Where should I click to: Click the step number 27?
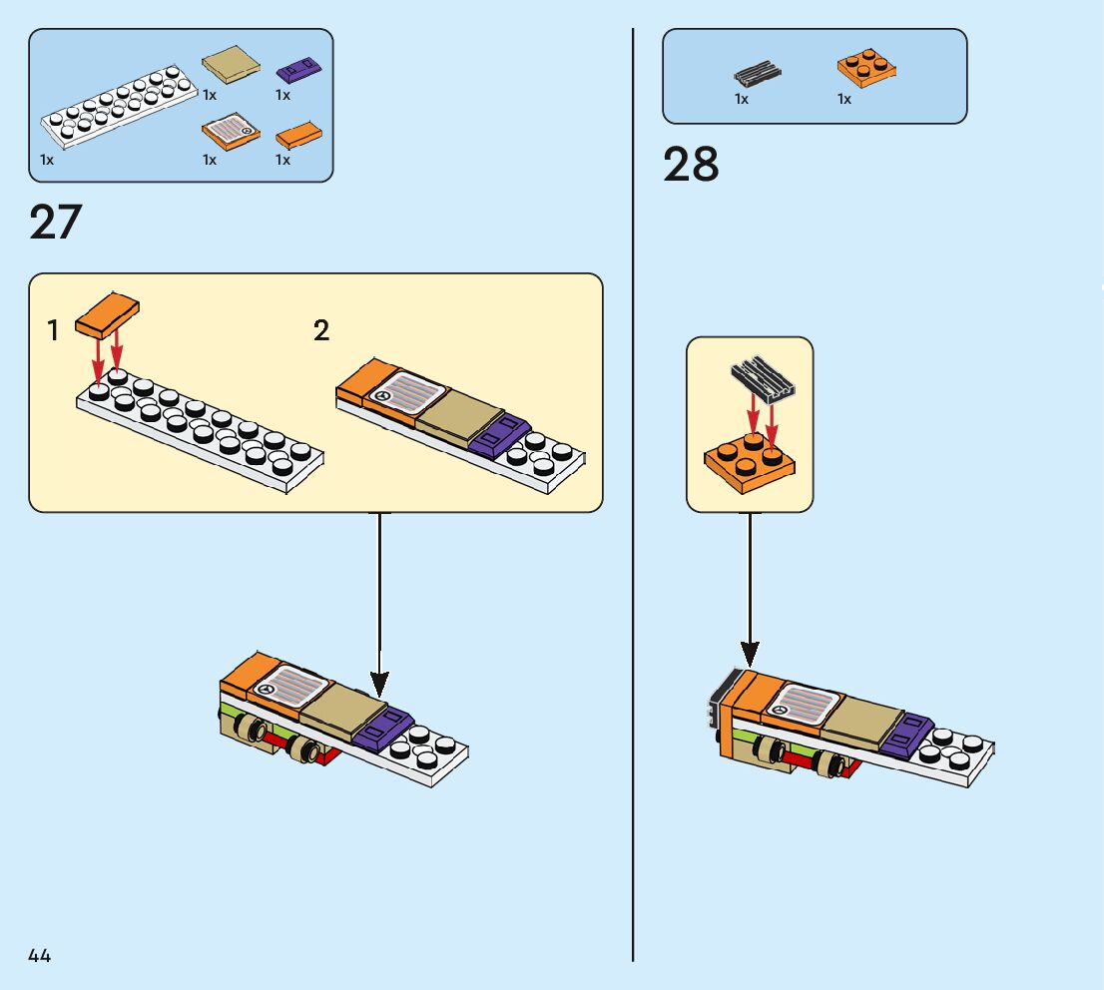coord(55,223)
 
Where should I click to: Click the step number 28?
coord(690,165)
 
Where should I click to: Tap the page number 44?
coord(39,956)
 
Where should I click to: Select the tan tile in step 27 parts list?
coord(232,68)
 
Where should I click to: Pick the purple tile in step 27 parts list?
coord(296,70)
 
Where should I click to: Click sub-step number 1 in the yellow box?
coord(53,331)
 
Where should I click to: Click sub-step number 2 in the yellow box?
coord(320,330)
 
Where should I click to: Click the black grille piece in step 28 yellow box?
coord(761,379)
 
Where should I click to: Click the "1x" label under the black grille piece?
coord(742,99)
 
